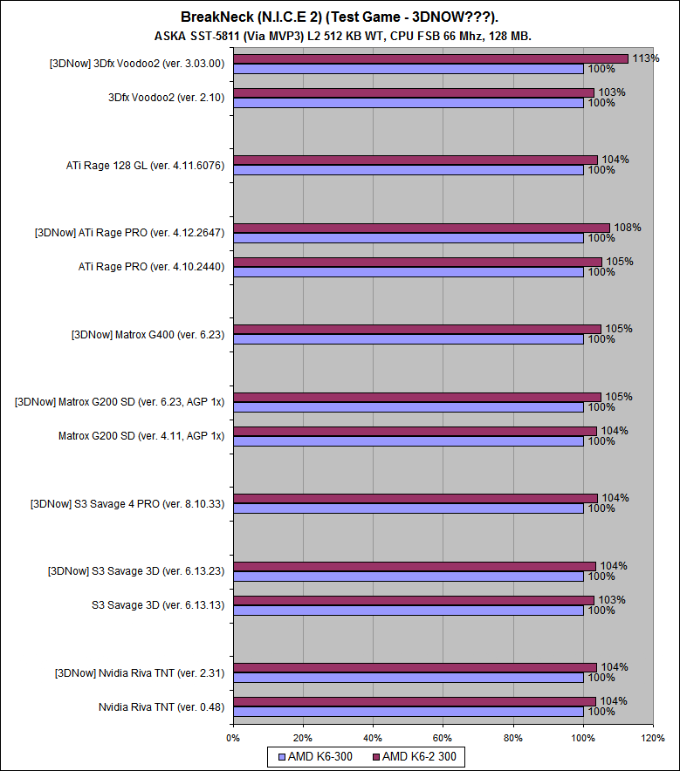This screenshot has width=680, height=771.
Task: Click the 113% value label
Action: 646,58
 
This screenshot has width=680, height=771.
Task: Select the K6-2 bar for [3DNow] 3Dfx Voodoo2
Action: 430,58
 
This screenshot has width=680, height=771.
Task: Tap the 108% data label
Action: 628,228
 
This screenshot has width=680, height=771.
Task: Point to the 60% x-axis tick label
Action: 443,738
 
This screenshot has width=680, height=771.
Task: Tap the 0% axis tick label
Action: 233,738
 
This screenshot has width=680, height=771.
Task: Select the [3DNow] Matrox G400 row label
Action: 148,333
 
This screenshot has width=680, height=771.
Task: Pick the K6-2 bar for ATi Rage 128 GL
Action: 415,160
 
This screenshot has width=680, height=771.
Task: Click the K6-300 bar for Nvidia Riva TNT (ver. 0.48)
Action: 408,712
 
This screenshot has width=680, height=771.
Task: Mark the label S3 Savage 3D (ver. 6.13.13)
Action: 158,604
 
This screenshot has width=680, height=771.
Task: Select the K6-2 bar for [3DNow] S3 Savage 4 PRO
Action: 415,498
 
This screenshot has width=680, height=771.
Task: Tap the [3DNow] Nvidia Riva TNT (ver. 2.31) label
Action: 140,672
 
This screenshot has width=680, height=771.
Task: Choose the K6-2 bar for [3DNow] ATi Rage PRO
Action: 421,228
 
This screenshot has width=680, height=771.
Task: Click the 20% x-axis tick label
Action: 303,738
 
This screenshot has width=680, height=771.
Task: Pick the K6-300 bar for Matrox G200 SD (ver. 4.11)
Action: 408,441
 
